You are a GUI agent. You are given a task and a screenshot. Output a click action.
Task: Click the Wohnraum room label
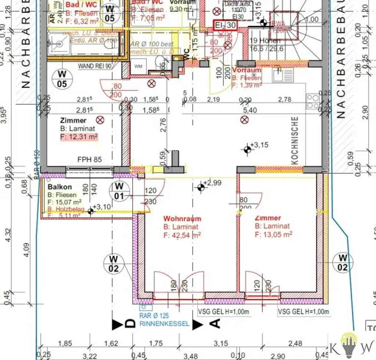click(x=182, y=219)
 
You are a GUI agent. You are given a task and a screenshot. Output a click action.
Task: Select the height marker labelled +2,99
click(x=201, y=188)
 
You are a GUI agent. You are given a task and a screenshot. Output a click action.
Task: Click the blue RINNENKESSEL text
click(x=164, y=324)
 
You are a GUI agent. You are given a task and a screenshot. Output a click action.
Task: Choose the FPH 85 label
click(x=89, y=160)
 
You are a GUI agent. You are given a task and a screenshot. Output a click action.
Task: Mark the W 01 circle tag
click(x=119, y=191)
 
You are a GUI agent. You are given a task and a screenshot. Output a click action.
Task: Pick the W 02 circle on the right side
click(x=342, y=263)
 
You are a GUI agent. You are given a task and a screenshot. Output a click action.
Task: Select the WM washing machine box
click(x=138, y=66)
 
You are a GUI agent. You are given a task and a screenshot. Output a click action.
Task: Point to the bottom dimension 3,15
click(x=221, y=343)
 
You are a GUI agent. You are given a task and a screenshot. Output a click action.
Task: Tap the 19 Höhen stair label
click(x=263, y=41)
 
